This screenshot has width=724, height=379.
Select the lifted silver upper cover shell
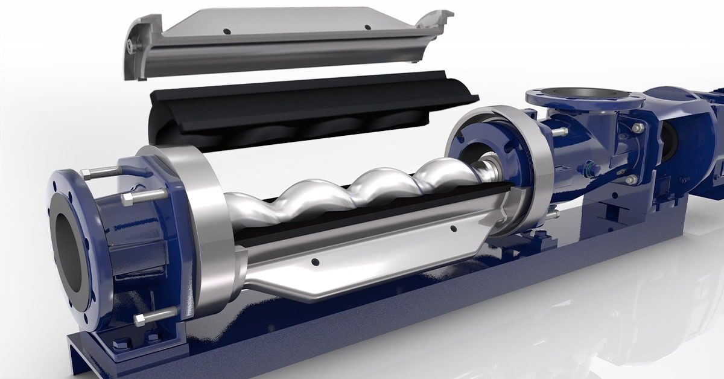[x=290, y=42]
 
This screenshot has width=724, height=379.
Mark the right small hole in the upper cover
[x=367, y=27]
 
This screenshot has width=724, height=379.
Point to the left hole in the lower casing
[x=314, y=262]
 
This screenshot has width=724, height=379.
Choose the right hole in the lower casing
[x=453, y=228]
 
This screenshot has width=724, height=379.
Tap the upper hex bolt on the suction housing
[x=637, y=127]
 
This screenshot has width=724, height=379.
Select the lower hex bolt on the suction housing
[x=631, y=179]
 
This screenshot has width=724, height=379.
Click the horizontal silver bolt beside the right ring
[x=558, y=132]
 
